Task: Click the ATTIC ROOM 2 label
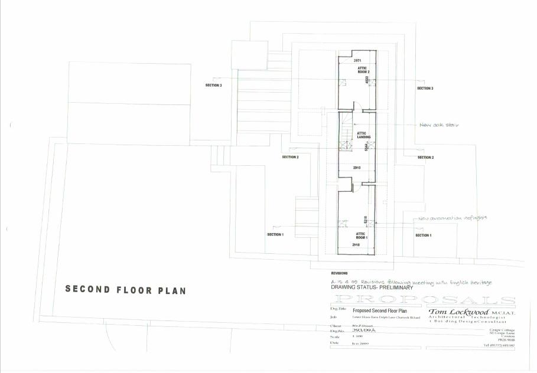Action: pyautogui.click(x=362, y=70)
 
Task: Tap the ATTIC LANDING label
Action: pyautogui.click(x=363, y=135)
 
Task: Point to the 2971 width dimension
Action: pyautogui.click(x=357, y=61)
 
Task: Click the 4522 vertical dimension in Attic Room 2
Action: pyautogui.click(x=367, y=80)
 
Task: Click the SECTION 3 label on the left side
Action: pyautogui.click(x=213, y=86)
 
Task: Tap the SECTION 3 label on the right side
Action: pyautogui.click(x=425, y=89)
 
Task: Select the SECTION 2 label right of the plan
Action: pyautogui.click(x=425, y=158)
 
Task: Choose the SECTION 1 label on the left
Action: pyautogui.click(x=275, y=235)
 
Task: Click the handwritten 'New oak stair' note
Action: pyautogui.click(x=439, y=125)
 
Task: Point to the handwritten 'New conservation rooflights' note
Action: pyautogui.click(x=453, y=218)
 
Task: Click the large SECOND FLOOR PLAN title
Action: pyautogui.click(x=125, y=290)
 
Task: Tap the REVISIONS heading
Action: pyautogui.click(x=339, y=273)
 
